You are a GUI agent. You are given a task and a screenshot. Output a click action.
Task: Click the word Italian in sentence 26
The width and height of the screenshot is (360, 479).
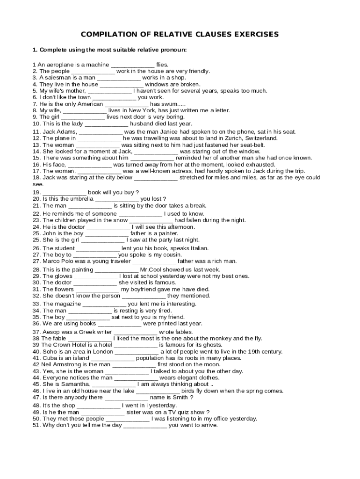[198, 248]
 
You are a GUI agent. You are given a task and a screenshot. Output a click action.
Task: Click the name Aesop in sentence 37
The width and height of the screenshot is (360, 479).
[51, 332]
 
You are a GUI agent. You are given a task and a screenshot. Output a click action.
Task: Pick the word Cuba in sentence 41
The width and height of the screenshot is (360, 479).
[50, 358]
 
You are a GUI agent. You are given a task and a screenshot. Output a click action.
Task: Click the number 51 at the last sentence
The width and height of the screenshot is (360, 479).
[36, 425]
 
